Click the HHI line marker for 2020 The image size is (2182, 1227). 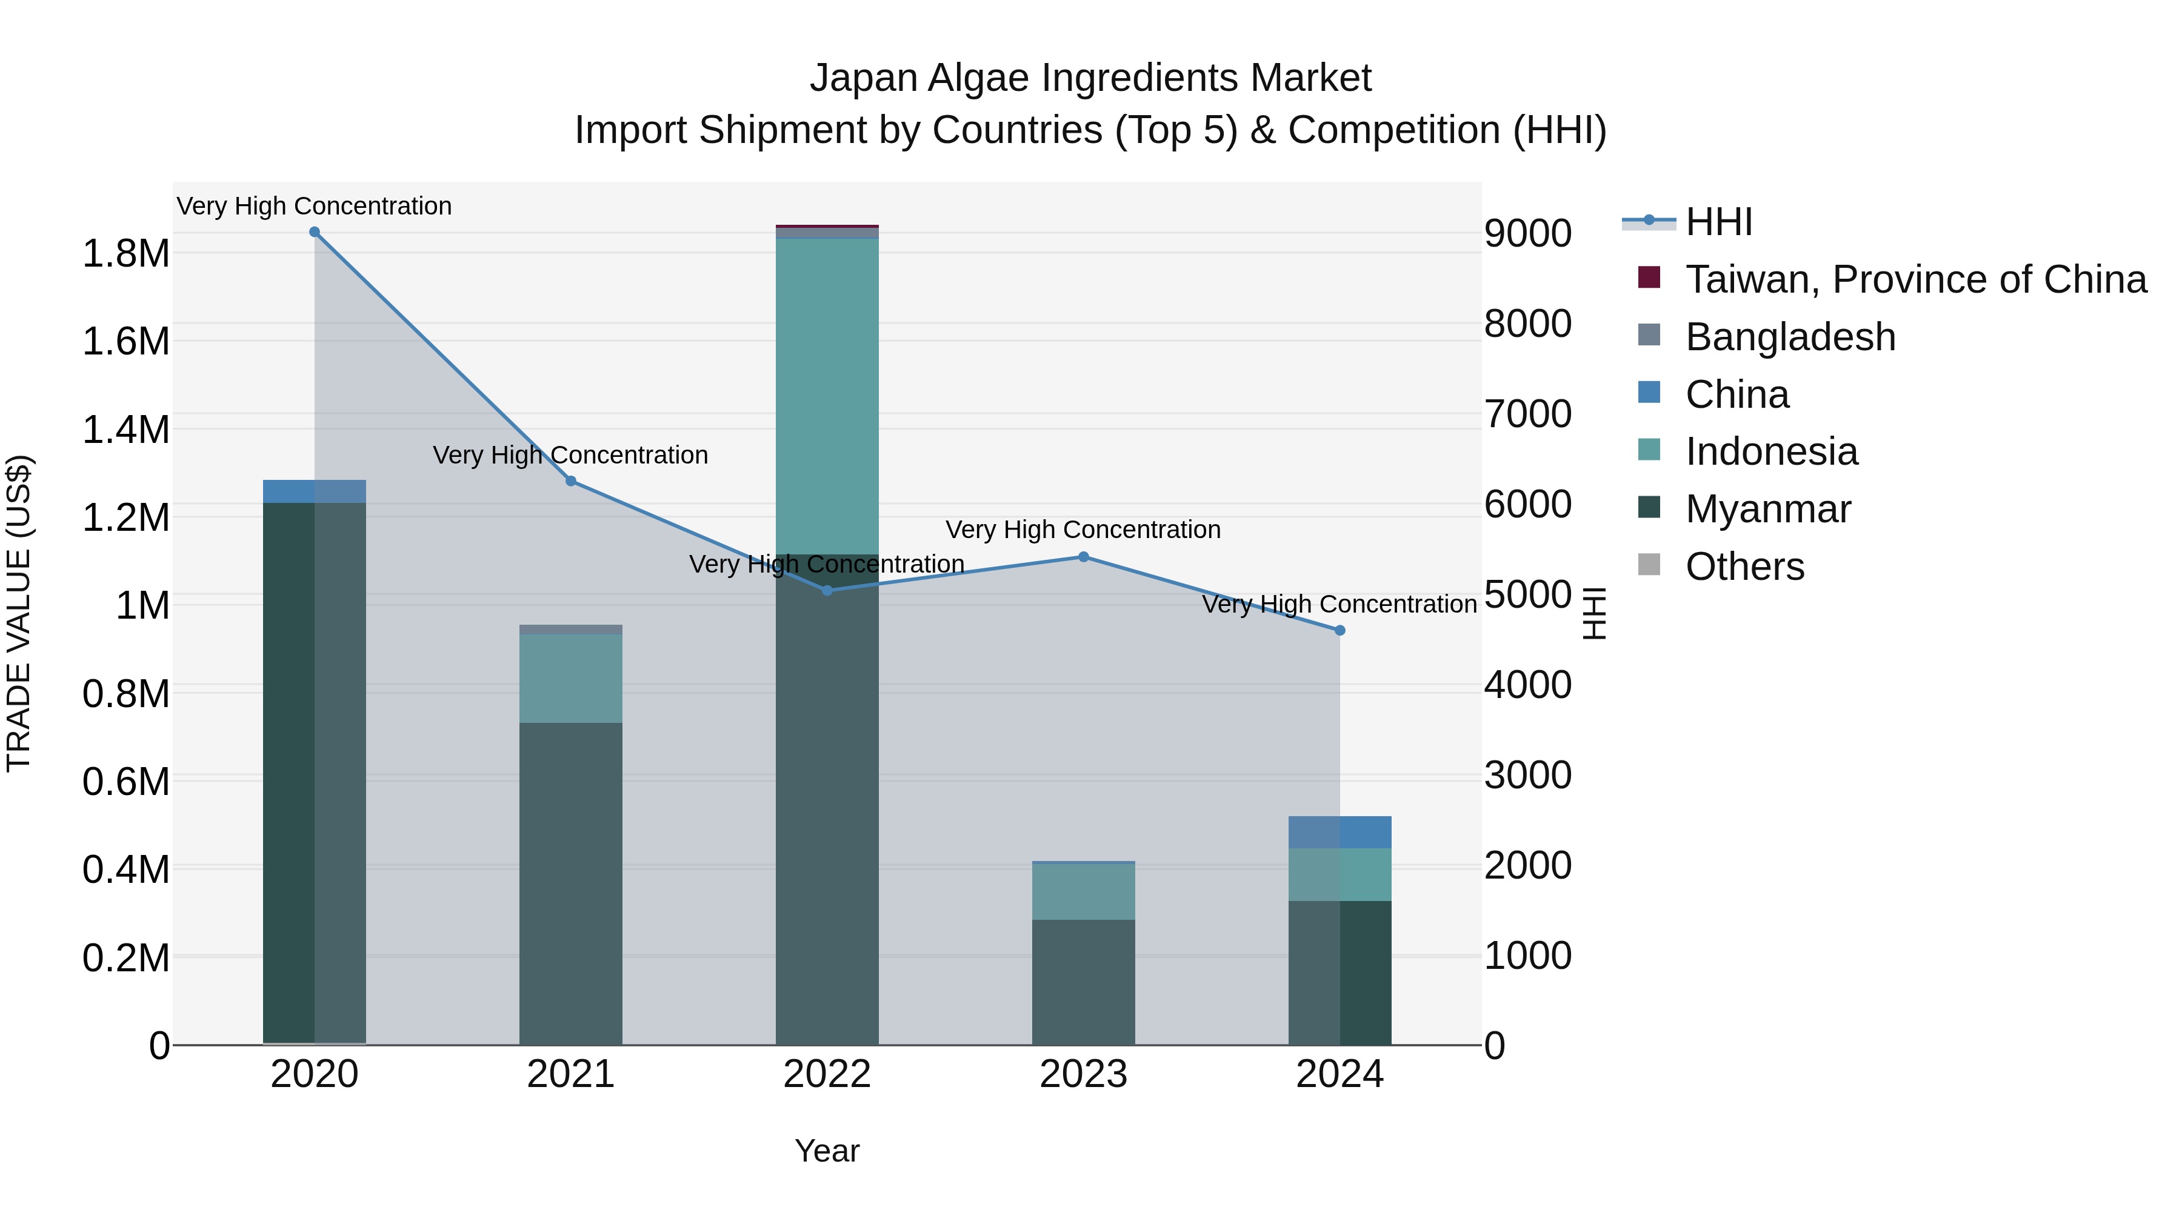click(314, 232)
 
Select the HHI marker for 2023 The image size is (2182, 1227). click(1083, 557)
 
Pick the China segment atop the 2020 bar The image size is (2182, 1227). click(314, 492)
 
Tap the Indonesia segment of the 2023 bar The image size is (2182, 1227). click(1083, 892)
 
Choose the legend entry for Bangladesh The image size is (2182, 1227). click(1790, 337)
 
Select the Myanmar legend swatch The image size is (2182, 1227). click(1649, 508)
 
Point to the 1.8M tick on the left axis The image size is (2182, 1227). click(125, 253)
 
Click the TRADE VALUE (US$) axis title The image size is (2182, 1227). click(19, 613)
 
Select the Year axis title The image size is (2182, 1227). click(827, 1151)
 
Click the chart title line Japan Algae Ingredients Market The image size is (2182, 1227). click(1090, 78)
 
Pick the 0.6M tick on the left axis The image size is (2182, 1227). click(125, 781)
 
